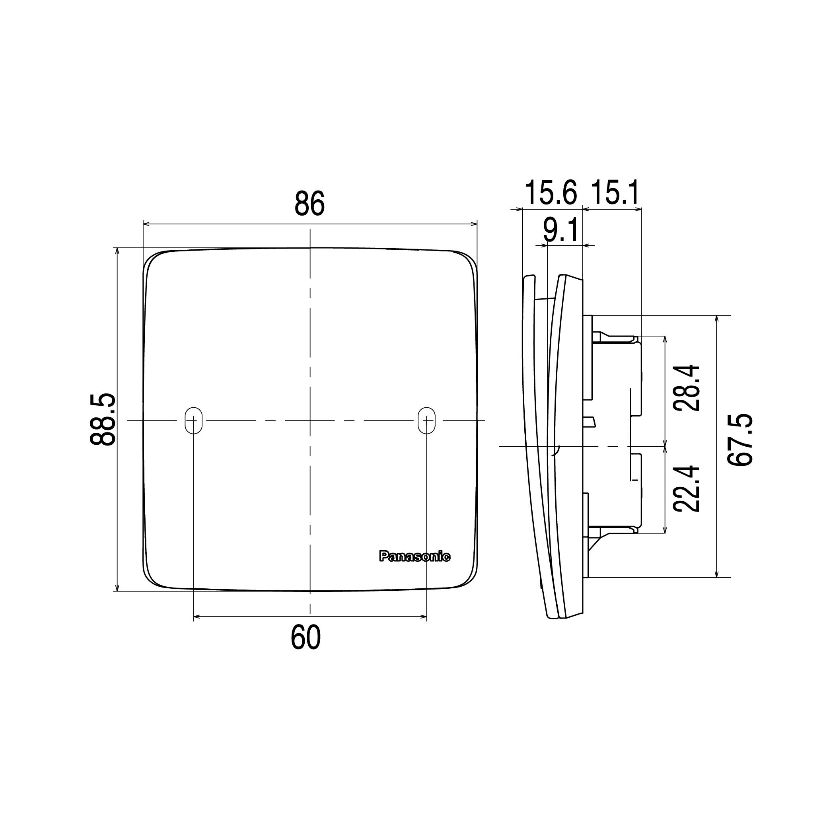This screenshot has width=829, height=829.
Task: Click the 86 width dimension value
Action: click(310, 204)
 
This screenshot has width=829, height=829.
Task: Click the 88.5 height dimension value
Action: click(103, 419)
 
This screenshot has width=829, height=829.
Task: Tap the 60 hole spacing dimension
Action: click(306, 637)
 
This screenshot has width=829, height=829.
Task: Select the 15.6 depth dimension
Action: click(551, 193)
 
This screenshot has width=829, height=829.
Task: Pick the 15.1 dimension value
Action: click(615, 193)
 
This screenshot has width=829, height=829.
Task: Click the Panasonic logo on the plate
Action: click(414, 557)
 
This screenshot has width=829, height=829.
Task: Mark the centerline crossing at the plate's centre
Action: click(310, 420)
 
